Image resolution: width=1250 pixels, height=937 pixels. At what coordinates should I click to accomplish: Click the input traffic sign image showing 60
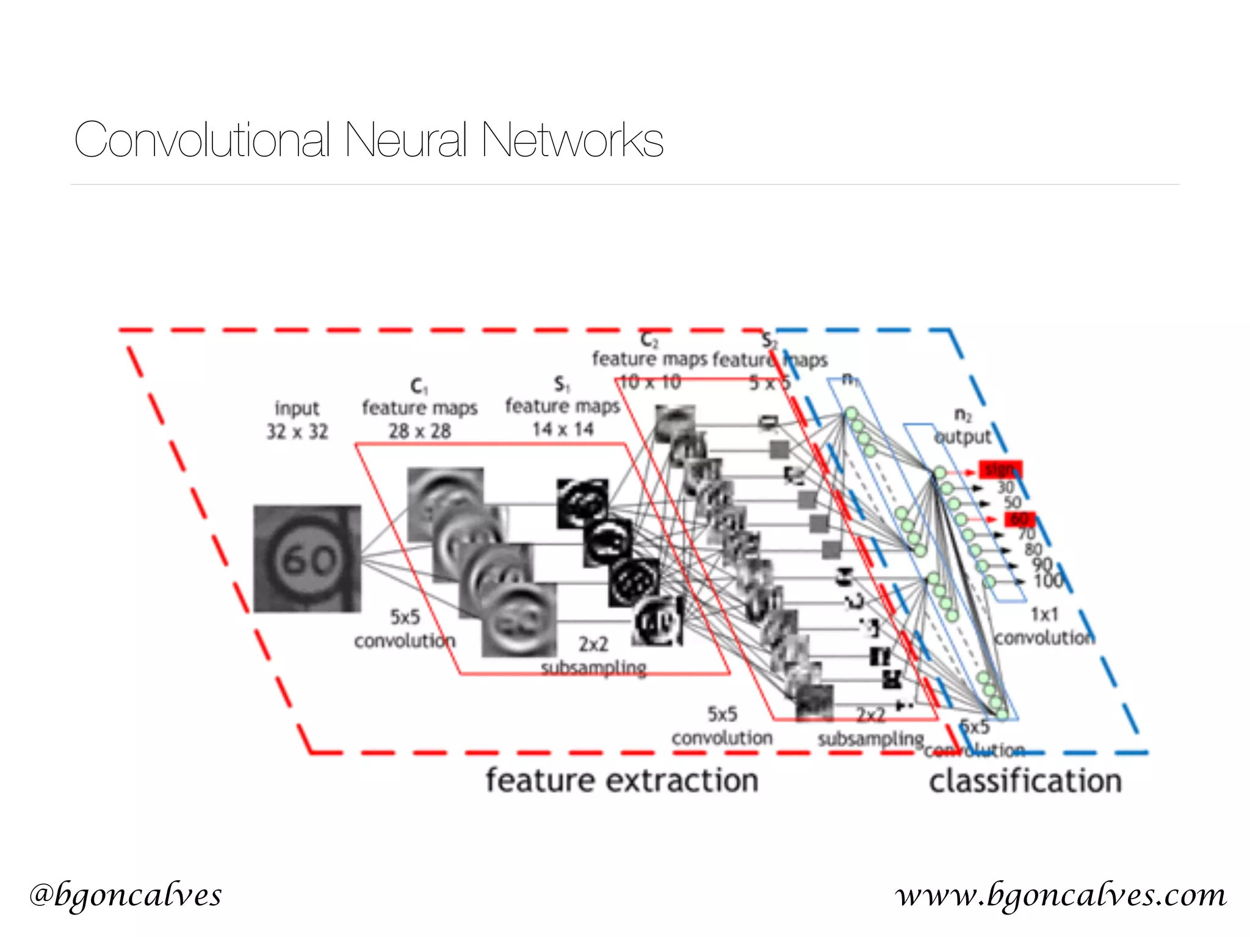click(307, 558)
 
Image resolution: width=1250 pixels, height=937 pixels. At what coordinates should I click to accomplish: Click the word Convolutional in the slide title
click(202, 140)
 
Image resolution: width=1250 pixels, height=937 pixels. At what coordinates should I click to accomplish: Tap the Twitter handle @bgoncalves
click(126, 895)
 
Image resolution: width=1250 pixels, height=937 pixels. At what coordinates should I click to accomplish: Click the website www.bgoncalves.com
click(1061, 895)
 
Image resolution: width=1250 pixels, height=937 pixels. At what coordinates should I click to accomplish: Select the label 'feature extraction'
click(621, 781)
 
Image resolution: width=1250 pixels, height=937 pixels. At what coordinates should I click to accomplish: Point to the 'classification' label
click(1025, 781)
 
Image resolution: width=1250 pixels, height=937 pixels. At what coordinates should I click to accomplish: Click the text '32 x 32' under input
click(297, 432)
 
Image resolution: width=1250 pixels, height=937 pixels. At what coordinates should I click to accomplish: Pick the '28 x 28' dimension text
click(420, 431)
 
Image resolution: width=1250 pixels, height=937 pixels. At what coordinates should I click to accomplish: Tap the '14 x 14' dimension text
click(563, 429)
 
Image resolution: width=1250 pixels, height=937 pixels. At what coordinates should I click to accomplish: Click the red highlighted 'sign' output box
click(1000, 470)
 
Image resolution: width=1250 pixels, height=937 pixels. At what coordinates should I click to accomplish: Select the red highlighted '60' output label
click(1019, 519)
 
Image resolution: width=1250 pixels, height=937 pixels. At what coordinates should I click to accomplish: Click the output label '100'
click(1048, 581)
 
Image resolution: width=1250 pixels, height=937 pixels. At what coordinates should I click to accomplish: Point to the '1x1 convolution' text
click(1044, 626)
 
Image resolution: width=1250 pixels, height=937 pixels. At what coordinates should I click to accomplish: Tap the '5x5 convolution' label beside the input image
click(405, 629)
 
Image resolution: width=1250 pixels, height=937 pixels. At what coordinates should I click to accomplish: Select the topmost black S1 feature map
click(582, 503)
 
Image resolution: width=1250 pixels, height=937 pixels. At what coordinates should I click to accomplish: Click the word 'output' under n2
click(963, 437)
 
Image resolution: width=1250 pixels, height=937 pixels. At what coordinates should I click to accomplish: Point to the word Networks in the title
click(572, 140)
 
